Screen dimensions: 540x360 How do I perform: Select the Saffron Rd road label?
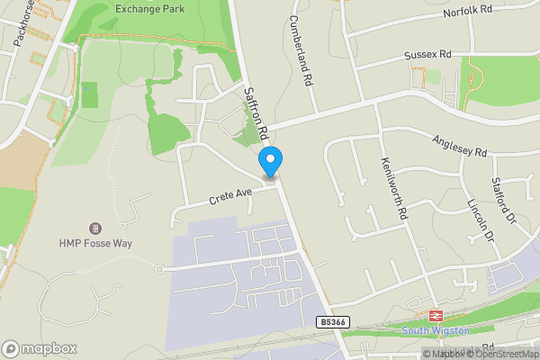click(x=257, y=112)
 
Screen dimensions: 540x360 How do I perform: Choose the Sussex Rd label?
click(x=427, y=55)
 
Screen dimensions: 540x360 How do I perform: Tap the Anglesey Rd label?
click(x=459, y=145)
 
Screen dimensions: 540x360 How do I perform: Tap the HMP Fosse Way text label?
click(x=94, y=243)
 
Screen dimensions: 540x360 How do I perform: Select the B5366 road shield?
click(x=332, y=320)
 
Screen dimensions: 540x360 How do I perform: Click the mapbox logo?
click(x=40, y=348)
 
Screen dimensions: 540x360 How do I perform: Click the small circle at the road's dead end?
click(x=158, y=268)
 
